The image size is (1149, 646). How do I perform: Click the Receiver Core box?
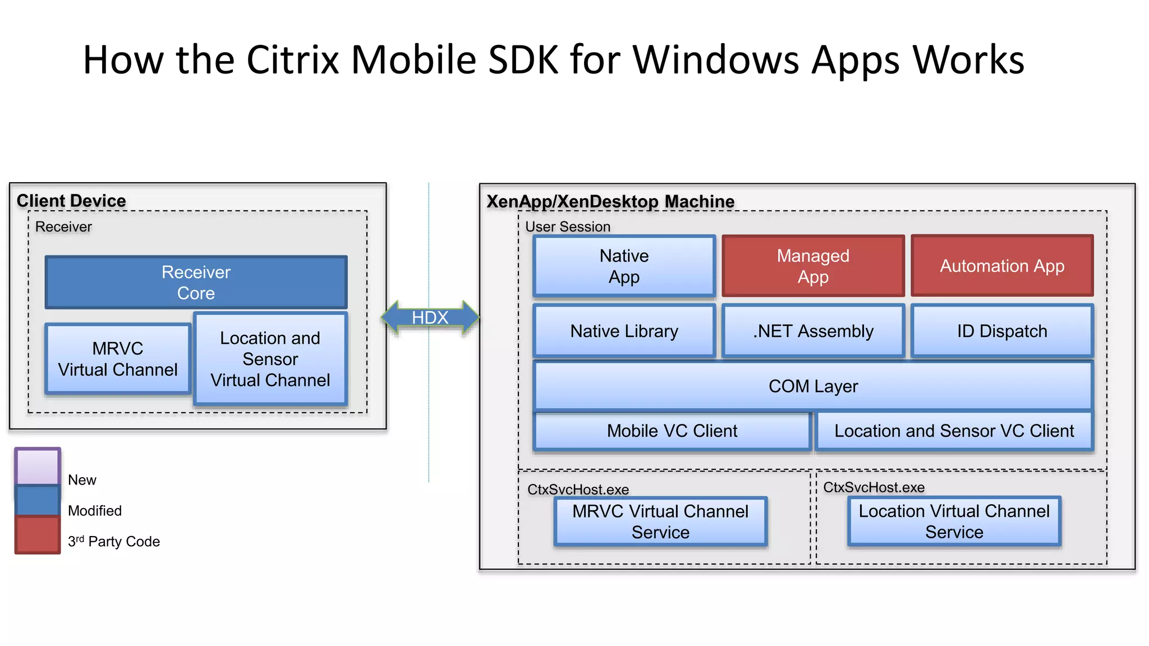point(196,282)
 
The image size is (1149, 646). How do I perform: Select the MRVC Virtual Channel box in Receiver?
point(118,359)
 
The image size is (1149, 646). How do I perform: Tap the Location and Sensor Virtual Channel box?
point(270,359)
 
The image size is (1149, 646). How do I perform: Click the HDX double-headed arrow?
point(430,317)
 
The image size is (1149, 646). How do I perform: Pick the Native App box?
point(624,266)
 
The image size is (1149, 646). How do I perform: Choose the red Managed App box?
point(813,266)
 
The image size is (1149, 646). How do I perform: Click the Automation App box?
point(1002,266)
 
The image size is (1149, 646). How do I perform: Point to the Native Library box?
point(624,331)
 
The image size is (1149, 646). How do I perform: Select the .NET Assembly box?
point(813,331)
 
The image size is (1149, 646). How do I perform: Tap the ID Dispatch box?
point(1002,331)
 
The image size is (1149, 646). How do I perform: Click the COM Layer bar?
point(813,386)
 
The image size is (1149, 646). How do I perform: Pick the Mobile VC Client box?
point(672,431)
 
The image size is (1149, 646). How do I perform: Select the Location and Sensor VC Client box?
point(954,431)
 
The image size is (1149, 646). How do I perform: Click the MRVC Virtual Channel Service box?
point(660,522)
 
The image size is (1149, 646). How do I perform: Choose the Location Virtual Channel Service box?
point(954,521)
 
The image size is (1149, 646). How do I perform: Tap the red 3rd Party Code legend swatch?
point(38,535)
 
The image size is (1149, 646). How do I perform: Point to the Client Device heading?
point(71,201)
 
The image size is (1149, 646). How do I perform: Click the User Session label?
point(567,227)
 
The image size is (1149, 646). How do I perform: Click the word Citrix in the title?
point(292,59)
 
